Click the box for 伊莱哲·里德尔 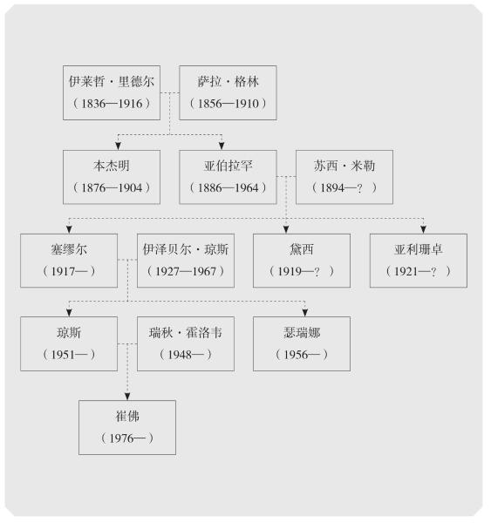point(112,92)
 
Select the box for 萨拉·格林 point(228,92)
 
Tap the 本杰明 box point(112,177)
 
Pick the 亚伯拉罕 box point(228,177)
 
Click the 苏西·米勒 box point(344,177)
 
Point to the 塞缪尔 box point(69,261)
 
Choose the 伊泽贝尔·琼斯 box point(186,261)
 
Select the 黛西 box point(302,261)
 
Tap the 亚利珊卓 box point(419,261)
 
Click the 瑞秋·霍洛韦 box point(186,344)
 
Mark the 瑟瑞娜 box point(302,344)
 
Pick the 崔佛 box point(127,428)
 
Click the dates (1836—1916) point(112,104)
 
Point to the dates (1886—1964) point(228,187)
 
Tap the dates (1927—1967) point(186,271)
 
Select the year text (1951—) point(69,355)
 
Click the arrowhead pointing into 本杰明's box point(118,146)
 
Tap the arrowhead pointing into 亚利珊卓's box point(423,229)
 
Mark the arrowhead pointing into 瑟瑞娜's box point(304,313)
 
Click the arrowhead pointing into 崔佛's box point(127,397)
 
